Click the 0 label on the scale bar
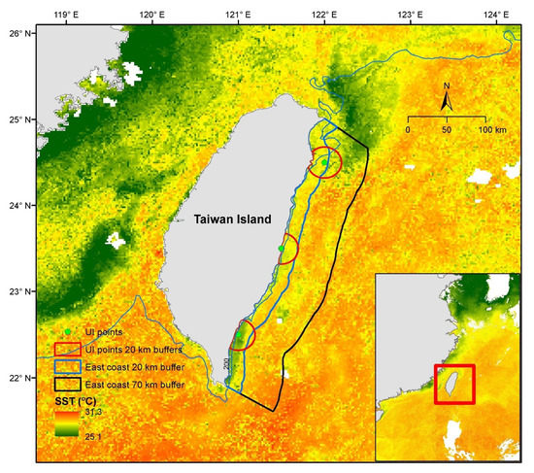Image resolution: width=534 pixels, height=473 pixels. point(409,129)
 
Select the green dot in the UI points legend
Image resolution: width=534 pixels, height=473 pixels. point(66,332)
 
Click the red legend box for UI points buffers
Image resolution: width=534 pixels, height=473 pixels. point(66,349)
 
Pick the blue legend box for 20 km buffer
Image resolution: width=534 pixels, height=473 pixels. point(66,367)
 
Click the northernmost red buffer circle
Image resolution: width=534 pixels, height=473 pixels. point(325,161)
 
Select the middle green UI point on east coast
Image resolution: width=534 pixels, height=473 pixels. point(282,250)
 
